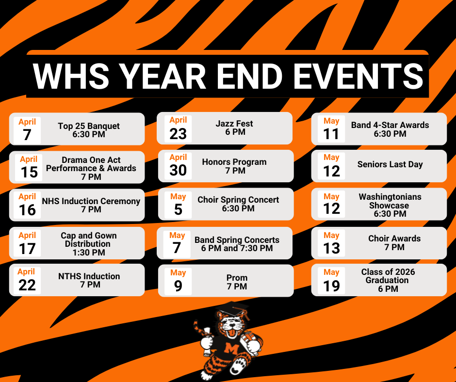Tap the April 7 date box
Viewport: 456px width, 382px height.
coord(27,129)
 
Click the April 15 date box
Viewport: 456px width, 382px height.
coord(29,167)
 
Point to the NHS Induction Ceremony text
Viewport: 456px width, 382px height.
coord(91,201)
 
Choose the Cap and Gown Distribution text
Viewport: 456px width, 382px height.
coord(89,239)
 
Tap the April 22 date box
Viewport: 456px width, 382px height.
coord(27,280)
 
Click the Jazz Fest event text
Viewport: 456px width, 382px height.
coord(235,124)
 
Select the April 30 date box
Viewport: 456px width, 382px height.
coord(178,165)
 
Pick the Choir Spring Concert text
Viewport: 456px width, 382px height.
coord(238,200)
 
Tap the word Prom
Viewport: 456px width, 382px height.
coord(237,278)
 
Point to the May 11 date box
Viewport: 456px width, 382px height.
coord(331,128)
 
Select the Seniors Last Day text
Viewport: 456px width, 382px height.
coord(390,164)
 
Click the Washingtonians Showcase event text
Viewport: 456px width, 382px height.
coord(390,201)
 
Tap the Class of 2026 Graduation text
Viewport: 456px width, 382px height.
coord(388,276)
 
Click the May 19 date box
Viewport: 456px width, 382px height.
coord(331,280)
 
